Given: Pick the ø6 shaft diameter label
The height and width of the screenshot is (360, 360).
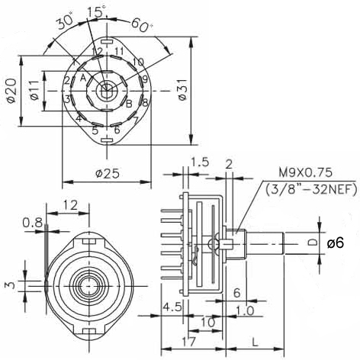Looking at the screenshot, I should pos(336,243).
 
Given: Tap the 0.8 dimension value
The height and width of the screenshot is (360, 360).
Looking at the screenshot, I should pos(32,223).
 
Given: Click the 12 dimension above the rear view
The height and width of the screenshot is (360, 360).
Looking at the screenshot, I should pos(71,205).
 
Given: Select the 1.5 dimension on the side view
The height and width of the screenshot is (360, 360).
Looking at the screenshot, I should pos(200,162).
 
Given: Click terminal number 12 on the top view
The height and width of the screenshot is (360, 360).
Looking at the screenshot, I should pos(97,51).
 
